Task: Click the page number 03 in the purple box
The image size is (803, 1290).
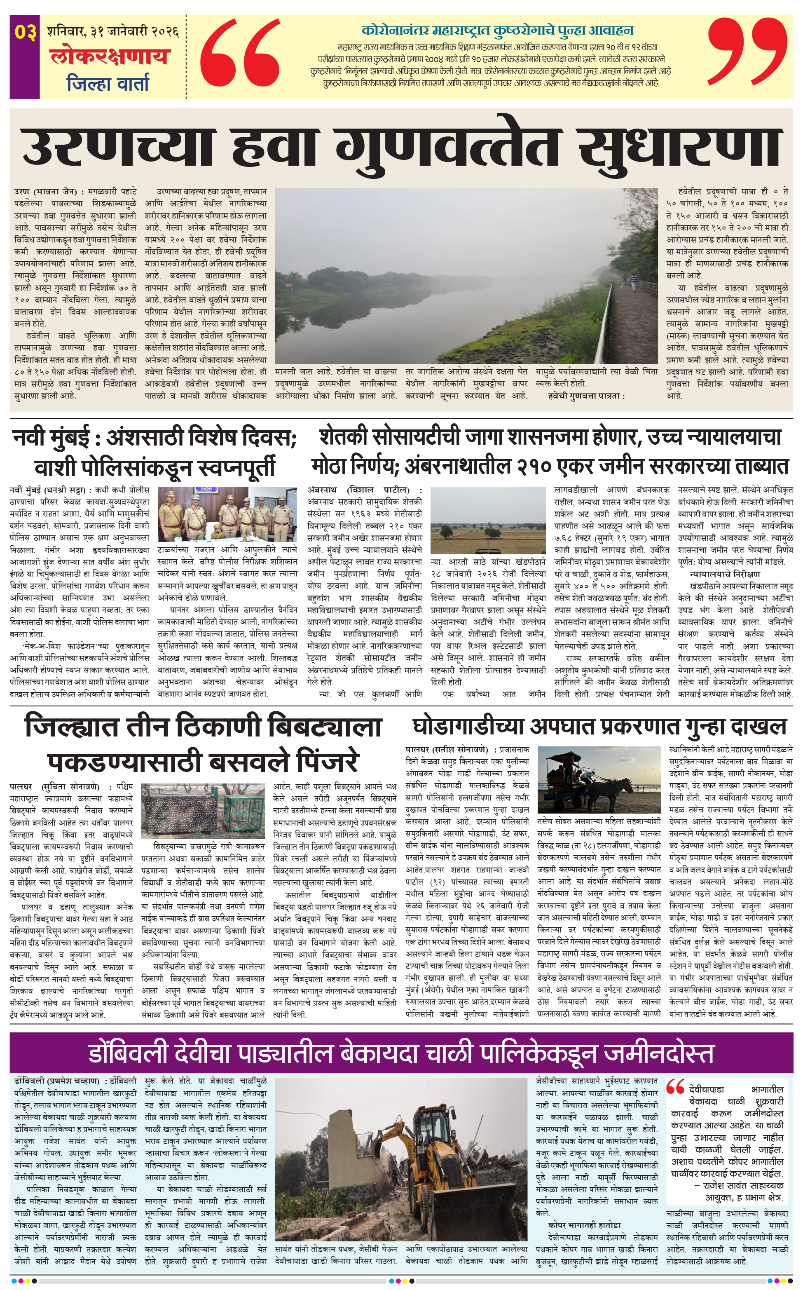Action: [x=25, y=32]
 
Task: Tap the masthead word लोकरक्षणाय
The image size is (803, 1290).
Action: [x=110, y=56]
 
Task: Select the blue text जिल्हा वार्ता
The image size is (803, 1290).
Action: [x=108, y=83]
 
